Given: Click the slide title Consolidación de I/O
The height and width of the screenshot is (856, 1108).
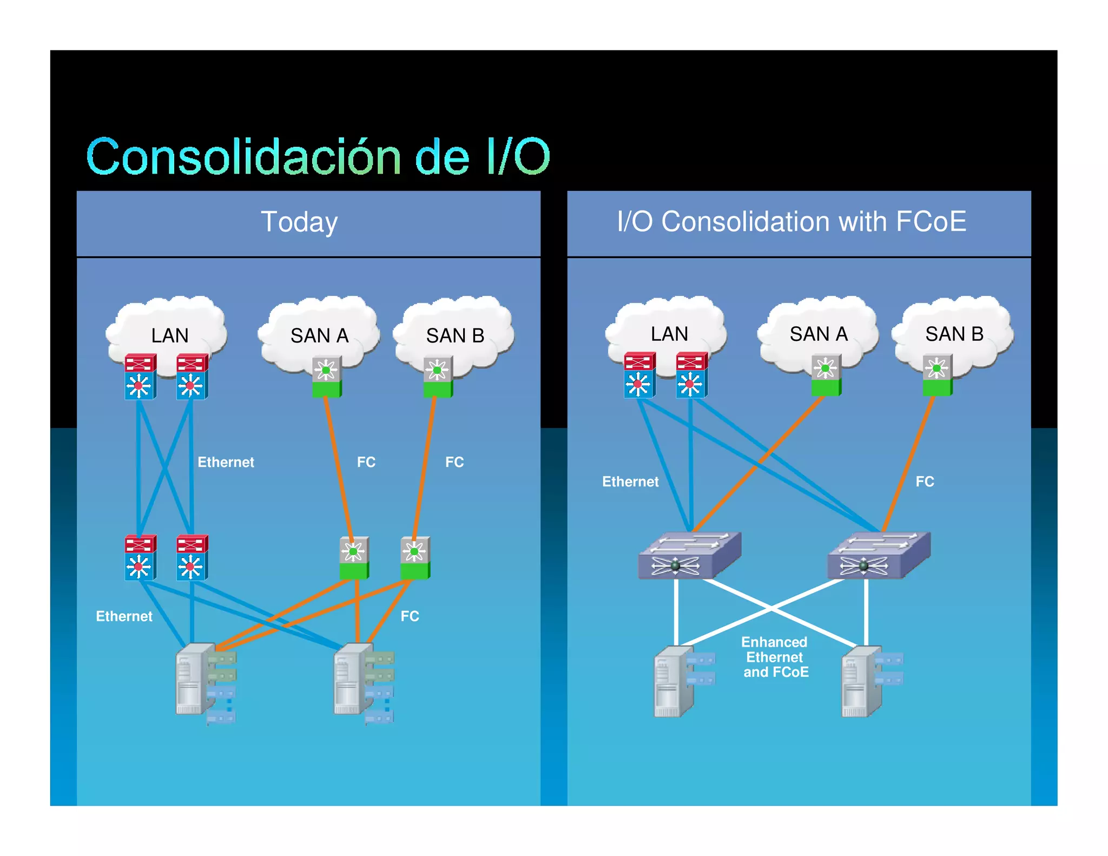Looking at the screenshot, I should (x=318, y=157).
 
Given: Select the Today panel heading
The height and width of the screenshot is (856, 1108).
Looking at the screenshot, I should (x=299, y=222).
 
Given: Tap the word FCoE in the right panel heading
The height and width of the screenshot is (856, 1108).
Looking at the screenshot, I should (x=931, y=221).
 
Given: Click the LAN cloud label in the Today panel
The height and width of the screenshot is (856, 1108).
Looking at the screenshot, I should (x=170, y=335).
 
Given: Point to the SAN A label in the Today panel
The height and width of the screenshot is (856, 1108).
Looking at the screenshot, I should (x=319, y=335).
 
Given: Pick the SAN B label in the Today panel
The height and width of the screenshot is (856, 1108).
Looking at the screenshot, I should (x=455, y=335).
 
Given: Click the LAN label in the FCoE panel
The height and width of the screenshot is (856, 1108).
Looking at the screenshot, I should (x=669, y=334).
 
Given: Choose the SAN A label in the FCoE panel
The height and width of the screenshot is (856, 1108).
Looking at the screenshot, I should (x=819, y=334).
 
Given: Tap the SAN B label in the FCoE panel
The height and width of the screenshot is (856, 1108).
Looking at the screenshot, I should (x=954, y=334).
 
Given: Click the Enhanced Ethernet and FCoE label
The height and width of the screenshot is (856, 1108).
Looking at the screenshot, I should (x=775, y=657).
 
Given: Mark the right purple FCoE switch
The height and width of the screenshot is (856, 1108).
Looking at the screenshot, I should (x=879, y=556).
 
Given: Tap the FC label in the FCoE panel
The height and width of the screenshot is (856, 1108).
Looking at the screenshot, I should (x=925, y=482).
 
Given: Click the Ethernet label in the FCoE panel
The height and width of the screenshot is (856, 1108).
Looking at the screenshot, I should (x=630, y=482).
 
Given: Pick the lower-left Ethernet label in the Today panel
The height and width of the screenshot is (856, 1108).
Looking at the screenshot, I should (x=124, y=616).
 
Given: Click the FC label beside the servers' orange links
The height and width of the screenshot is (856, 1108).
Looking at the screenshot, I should (x=410, y=616).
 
